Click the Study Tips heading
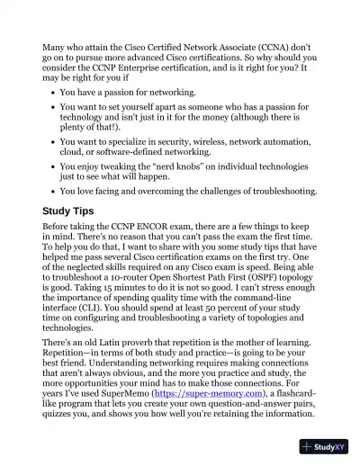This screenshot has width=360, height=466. [x=76, y=211]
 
